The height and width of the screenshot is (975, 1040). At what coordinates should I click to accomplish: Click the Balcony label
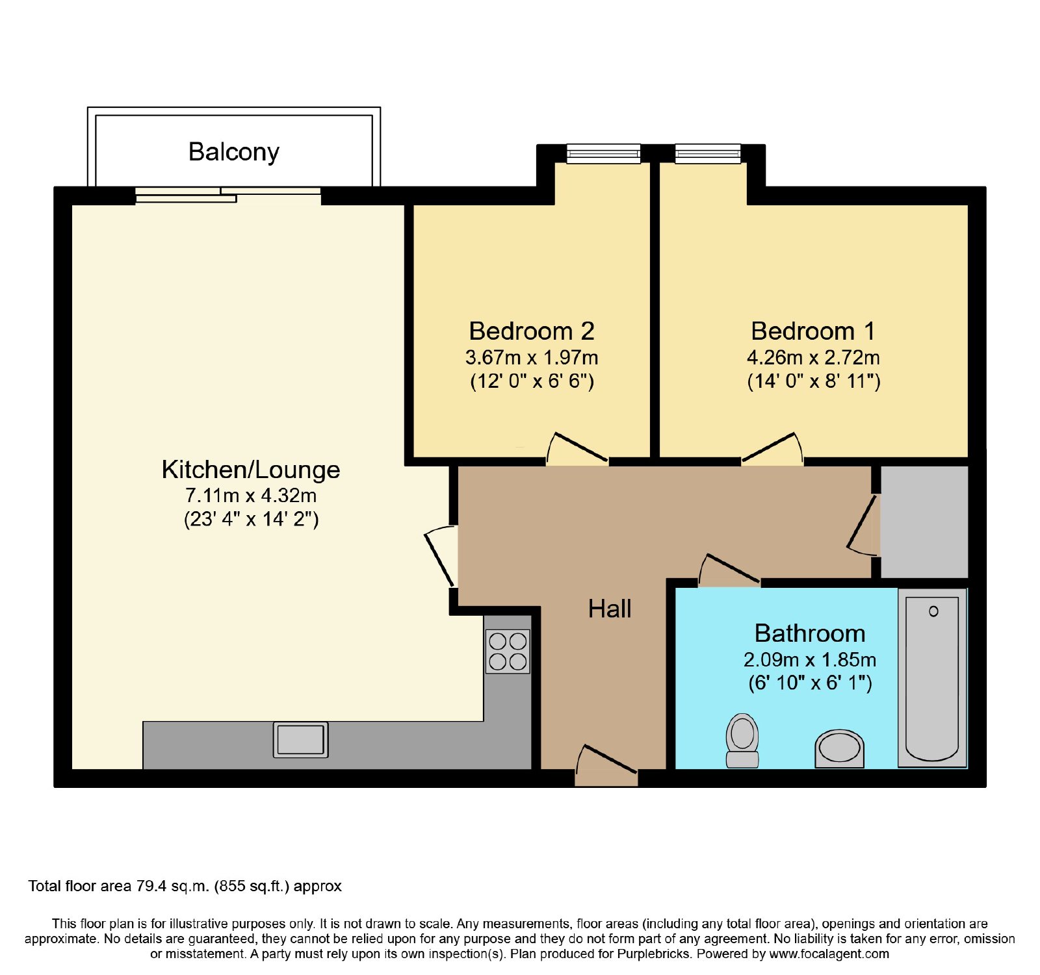tap(234, 152)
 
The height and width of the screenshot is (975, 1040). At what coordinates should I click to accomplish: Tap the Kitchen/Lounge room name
tap(251, 469)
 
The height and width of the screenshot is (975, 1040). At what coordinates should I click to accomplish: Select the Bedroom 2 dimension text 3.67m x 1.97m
tap(532, 357)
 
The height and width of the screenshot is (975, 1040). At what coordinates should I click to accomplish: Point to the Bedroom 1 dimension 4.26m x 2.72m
tap(813, 357)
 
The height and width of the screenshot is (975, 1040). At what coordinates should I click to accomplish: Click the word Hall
tap(610, 609)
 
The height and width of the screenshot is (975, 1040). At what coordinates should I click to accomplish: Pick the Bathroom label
tap(810, 633)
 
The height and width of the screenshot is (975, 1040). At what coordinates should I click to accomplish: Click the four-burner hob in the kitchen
tap(508, 652)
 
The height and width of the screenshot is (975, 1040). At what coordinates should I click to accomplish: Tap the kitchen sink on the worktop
tap(300, 740)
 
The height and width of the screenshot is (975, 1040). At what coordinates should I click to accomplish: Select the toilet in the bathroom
tap(742, 741)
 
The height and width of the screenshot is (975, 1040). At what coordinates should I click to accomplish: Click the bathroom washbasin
tap(840, 748)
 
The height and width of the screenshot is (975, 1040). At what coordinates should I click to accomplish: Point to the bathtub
tap(932, 678)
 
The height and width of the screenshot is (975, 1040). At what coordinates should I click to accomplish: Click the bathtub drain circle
tap(933, 611)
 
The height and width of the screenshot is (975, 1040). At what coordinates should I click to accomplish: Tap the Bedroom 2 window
tap(604, 153)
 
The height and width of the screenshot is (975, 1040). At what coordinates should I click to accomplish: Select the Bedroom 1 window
tap(708, 153)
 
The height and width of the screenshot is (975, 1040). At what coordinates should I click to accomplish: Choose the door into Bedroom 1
tap(772, 448)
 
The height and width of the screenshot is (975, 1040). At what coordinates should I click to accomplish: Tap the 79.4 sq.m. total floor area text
tap(172, 886)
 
